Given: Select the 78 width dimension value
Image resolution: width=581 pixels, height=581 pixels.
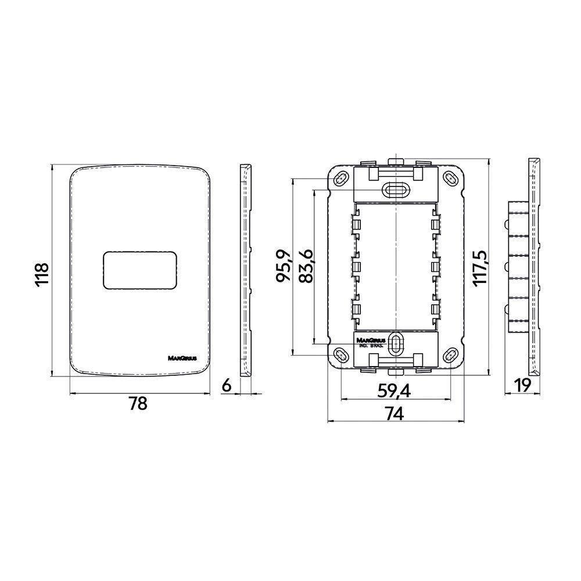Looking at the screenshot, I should [x=138, y=404].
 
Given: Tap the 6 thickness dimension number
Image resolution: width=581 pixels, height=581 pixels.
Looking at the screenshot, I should [x=227, y=384].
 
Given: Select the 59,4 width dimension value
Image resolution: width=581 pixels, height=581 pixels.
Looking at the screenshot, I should [x=394, y=391].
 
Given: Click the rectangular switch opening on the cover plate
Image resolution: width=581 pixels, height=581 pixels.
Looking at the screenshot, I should [x=139, y=270].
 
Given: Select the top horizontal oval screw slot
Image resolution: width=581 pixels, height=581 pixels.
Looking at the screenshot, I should [x=396, y=189].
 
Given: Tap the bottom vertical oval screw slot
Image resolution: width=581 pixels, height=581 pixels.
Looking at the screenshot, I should [x=396, y=344].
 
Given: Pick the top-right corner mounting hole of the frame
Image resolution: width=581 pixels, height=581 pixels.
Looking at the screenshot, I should [x=450, y=178].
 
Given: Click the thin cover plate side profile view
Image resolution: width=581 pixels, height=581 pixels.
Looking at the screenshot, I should [x=247, y=270].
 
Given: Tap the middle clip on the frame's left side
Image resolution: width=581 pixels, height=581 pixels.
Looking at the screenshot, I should [x=355, y=267].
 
